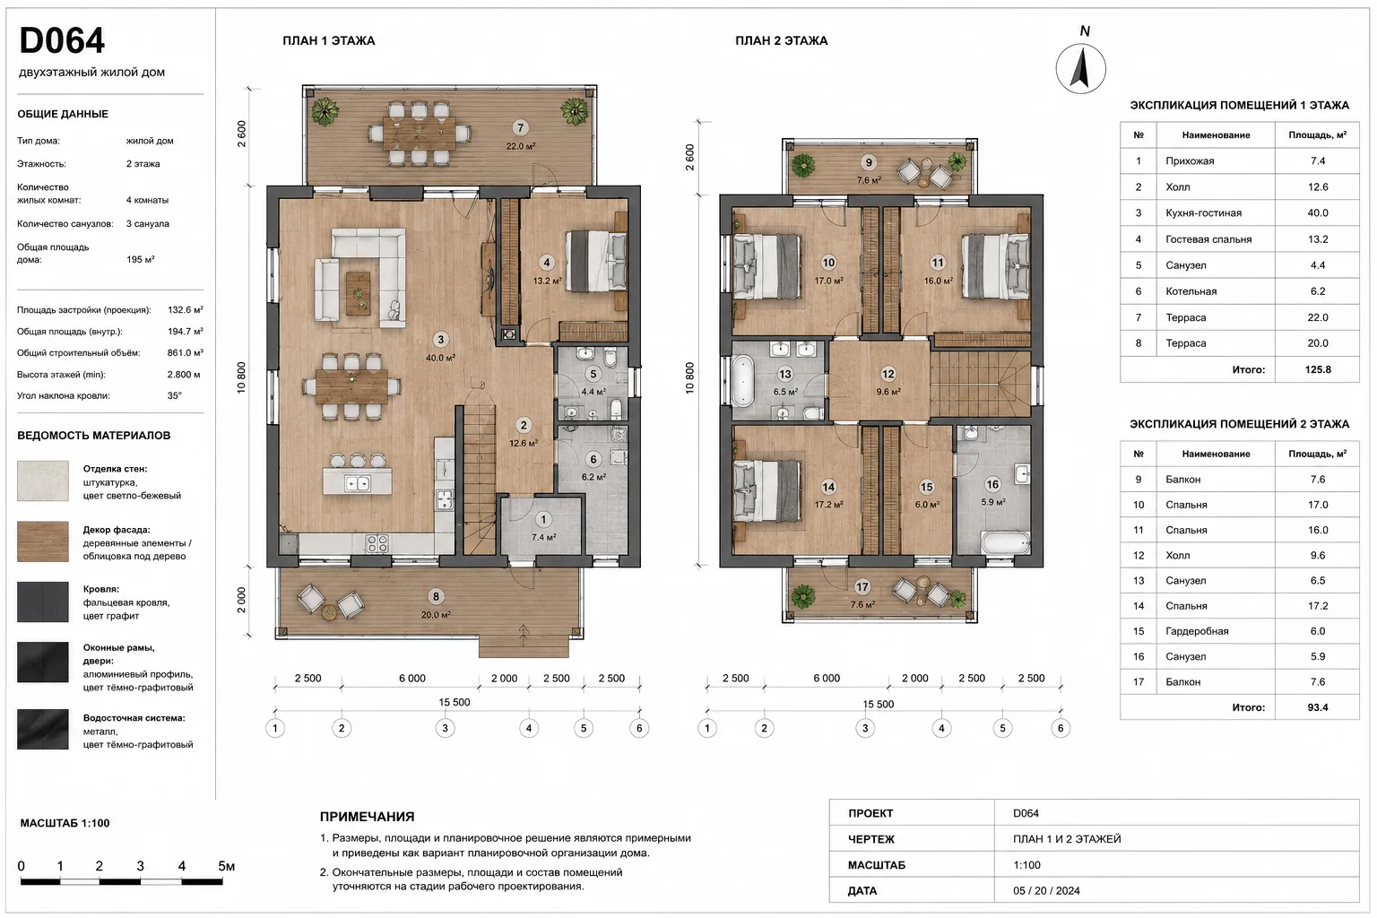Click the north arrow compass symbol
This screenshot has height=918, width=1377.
pos(1080,68)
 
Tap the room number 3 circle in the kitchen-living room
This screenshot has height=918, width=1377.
pos(440,340)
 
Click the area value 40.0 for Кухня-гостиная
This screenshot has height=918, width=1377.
pos(1317,212)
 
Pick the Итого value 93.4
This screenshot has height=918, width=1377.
pos(1317,707)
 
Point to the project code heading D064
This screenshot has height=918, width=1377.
pos(62,40)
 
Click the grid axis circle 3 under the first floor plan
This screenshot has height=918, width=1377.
pos(445,729)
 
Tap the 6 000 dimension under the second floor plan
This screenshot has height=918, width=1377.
pos(827,679)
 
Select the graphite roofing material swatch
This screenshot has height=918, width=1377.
pos(43,602)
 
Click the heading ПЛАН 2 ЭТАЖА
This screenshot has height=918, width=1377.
pos(782,40)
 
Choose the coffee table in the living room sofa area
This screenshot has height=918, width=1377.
pos(358,292)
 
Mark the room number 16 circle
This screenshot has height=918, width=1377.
pos(992,484)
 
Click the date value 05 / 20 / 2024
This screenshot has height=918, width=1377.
pos(1046,890)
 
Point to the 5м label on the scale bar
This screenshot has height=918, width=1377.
pos(226,866)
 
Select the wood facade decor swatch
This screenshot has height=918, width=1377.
pos(43,541)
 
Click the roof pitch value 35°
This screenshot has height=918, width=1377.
pos(175,395)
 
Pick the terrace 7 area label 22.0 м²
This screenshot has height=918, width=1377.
pos(520,146)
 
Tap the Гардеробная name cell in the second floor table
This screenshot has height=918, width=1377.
pos(1197,631)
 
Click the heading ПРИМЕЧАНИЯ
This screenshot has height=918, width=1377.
pos(367,817)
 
